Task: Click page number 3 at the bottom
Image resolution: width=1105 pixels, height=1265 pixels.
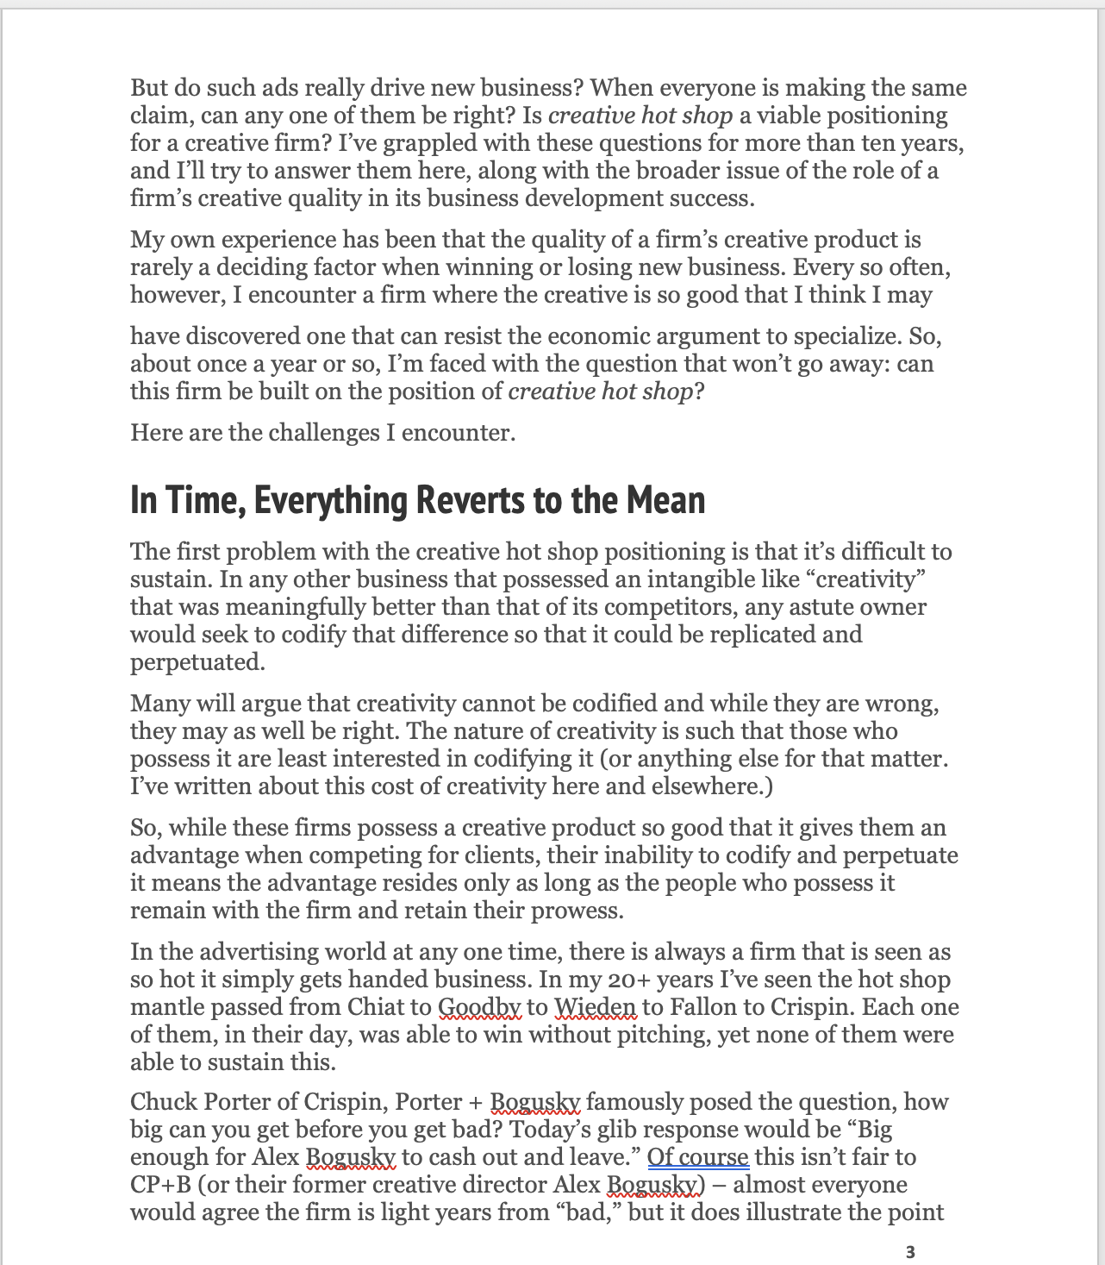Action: point(911,1251)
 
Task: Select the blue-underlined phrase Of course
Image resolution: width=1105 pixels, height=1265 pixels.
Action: point(698,1157)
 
